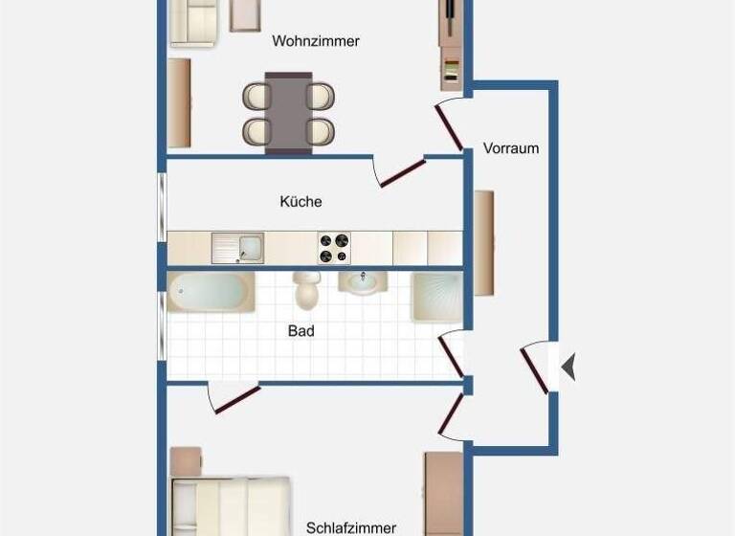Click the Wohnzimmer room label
pos(316,41)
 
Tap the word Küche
pos(301,202)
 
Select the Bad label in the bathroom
pos(301,331)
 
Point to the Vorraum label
pos(511,148)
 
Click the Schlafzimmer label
pos(351,527)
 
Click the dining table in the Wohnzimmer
pos(289,113)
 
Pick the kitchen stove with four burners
pos(334,249)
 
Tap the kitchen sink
pos(238,248)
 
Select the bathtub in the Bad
pos(212,292)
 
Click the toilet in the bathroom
pos(307,289)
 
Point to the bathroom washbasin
pos(363,283)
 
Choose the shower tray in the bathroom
pos(436,296)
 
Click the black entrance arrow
pos(568,366)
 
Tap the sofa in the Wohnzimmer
pos(195,22)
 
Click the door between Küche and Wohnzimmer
pos(401,173)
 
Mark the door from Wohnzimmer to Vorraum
pos(450,126)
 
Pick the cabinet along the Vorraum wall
pos(484,242)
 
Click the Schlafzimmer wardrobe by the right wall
pos(444,493)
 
